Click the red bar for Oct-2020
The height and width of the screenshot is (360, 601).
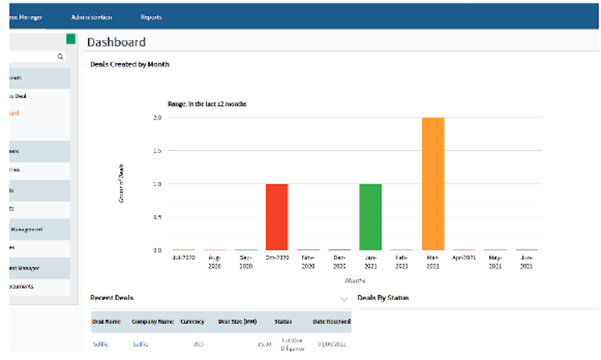point(276,216)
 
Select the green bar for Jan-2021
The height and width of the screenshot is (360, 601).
point(370,216)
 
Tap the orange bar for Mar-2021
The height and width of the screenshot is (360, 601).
point(433,183)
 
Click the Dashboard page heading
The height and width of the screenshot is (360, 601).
point(116,42)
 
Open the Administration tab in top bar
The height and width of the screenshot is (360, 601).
point(91,17)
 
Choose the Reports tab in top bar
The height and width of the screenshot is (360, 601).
point(151,17)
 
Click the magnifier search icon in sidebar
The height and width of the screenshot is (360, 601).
point(60,57)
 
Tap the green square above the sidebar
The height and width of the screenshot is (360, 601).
point(71,38)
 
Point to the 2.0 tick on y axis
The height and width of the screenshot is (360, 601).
point(158,117)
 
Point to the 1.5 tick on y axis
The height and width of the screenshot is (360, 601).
point(158,151)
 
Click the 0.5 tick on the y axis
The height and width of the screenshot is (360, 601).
point(158,216)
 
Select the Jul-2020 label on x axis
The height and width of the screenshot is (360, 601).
point(184,258)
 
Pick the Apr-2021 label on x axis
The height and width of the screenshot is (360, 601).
point(464,258)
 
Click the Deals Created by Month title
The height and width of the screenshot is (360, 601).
point(130,64)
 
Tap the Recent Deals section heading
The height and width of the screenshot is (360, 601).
point(112,298)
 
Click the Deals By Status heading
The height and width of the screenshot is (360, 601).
point(383,298)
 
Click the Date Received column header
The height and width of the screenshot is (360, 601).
point(330,322)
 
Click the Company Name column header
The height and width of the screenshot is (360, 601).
point(153,322)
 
